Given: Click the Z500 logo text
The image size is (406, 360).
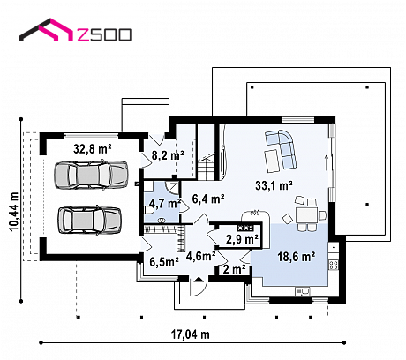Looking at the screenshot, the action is pyautogui.click(x=104, y=34).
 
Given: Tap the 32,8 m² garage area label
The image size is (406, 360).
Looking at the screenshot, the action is pyautogui.click(x=93, y=149).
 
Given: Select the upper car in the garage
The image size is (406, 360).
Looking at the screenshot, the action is pyautogui.click(x=91, y=175).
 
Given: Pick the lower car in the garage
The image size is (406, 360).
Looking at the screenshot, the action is pyautogui.click(x=90, y=221).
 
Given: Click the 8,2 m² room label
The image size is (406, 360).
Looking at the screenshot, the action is pyautogui.click(x=168, y=155).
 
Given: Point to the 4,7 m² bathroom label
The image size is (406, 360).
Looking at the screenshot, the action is pyautogui.click(x=164, y=203).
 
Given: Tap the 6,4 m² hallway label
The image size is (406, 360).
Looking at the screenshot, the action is pyautogui.click(x=208, y=199).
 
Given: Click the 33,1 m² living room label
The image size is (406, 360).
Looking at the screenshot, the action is pyautogui.click(x=274, y=185).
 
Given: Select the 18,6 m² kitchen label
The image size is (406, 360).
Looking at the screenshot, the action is pyautogui.click(x=297, y=257).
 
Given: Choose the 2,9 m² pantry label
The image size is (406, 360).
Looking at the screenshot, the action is pyautogui.click(x=242, y=239).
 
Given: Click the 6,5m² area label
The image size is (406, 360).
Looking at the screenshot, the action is pyautogui.click(x=164, y=261).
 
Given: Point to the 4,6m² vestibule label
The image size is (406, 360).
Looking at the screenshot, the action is pyautogui.click(x=201, y=256).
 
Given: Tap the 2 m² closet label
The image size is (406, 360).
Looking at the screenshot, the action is pyautogui.click(x=235, y=269).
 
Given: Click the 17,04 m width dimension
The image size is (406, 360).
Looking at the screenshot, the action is pyautogui.click(x=191, y=334).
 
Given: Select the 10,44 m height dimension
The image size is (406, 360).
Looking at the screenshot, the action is pyautogui.click(x=14, y=212).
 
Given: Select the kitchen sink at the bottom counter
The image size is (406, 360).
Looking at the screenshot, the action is pyautogui.click(x=303, y=291).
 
